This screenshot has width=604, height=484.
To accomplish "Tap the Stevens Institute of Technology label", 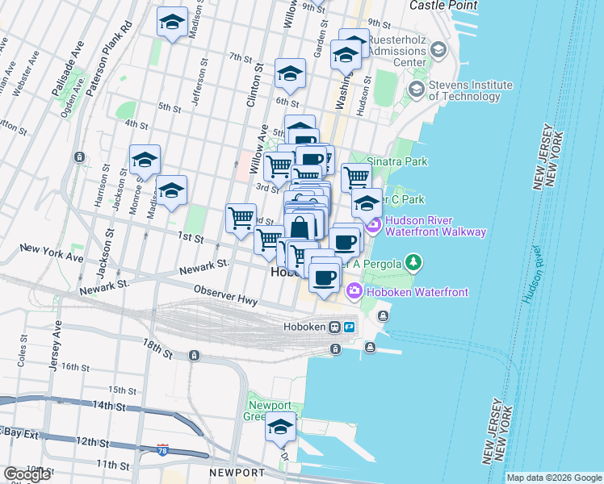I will pos(470,90).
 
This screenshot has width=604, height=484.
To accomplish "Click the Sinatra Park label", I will pos(397,161).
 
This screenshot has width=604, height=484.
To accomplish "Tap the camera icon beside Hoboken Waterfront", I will pos(354,290).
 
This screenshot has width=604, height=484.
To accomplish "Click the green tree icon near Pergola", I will pos(413,262).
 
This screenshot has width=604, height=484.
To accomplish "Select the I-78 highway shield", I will pos(163,450).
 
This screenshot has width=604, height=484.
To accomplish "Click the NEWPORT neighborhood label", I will pos(237,472).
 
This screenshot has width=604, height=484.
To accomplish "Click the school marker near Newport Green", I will pos(280,428).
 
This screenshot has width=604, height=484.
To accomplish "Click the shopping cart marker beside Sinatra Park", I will pos(355,177).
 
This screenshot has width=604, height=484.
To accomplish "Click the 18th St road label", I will pos(159,349).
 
